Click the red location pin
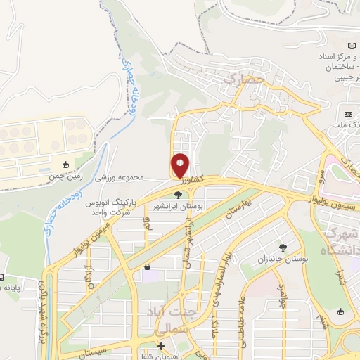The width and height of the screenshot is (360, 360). point(180,166)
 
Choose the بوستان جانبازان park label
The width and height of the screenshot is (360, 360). point(285,259)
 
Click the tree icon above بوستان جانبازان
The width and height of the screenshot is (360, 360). point(283,247)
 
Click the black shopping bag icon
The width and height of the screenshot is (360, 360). point(147,266)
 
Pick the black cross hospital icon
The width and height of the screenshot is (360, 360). point(161,346)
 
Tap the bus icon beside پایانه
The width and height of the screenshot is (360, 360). point(2,277)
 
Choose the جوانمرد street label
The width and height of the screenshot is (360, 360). point(281,297)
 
